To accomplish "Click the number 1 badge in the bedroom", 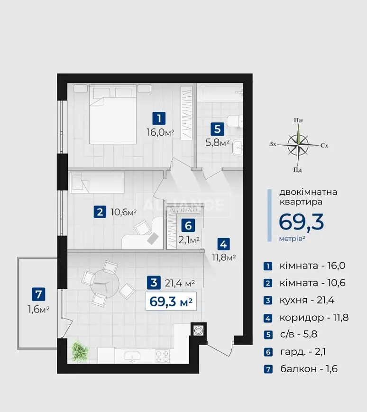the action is pyautogui.click(x=159, y=118).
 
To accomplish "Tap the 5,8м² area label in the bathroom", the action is pyautogui.click(x=218, y=142).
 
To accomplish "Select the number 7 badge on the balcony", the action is pyautogui.click(x=38, y=294).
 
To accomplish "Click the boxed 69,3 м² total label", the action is pyautogui.click(x=171, y=301).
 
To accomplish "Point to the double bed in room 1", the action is pyautogui.click(x=113, y=114).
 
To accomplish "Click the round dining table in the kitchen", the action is pyautogui.click(x=105, y=284).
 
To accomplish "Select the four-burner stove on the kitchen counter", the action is pyautogui.click(x=162, y=357).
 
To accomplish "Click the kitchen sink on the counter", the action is pyautogui.click(x=132, y=357).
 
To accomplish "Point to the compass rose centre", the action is pyautogui.click(x=298, y=145).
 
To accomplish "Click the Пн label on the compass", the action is pyautogui.click(x=298, y=120).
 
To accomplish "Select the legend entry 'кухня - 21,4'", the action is pyautogui.click(x=307, y=300).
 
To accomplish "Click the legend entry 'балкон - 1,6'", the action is pyautogui.click(x=309, y=369).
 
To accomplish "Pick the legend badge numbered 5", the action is pyautogui.click(x=268, y=335).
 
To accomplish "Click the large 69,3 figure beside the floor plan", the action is pyautogui.click(x=301, y=222).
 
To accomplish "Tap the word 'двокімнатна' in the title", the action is pyautogui.click(x=308, y=192).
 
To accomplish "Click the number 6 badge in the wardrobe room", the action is pyautogui.click(x=188, y=226).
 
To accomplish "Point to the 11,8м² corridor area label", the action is pyautogui.click(x=224, y=257).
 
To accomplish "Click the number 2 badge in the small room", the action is pyautogui.click(x=100, y=211).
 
